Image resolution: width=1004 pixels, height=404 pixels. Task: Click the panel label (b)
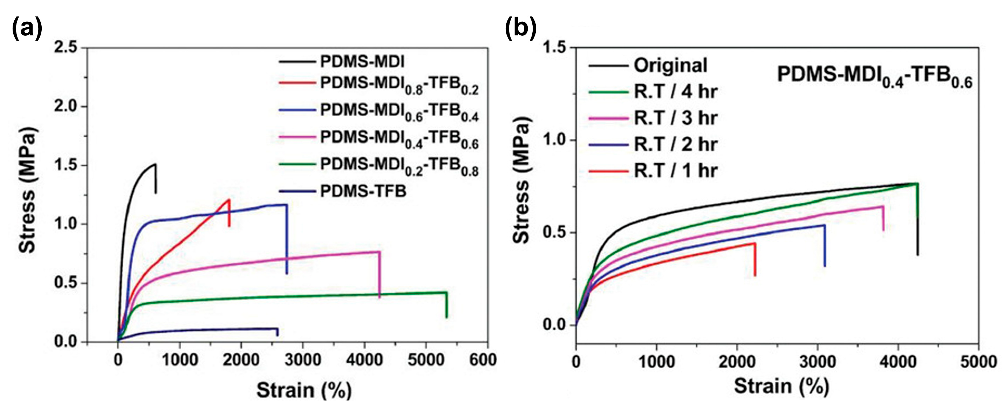click(x=521, y=28)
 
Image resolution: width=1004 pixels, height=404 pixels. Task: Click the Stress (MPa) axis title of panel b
click(x=521, y=181)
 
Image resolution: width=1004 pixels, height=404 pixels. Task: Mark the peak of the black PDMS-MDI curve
click(x=155, y=164)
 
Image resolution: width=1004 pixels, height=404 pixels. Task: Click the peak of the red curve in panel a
click(x=229, y=200)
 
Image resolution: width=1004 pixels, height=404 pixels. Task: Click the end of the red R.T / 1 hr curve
click(x=755, y=244)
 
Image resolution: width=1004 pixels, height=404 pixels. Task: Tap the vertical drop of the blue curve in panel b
click(x=824, y=245)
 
